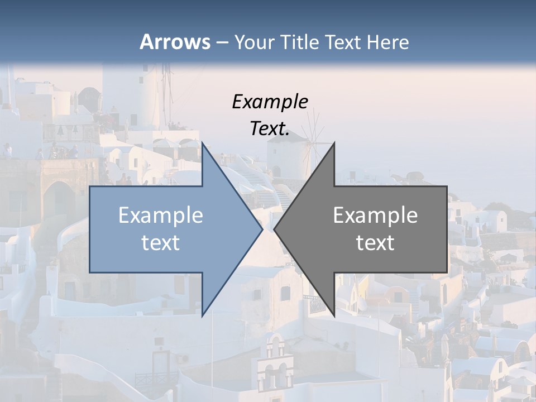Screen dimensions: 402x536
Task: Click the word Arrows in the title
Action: (175, 42)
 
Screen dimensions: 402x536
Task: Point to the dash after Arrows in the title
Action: (222, 43)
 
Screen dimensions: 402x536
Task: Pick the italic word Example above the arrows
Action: (270, 102)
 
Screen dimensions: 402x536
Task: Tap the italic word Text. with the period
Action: (270, 129)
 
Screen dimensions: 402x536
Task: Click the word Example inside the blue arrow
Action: (161, 216)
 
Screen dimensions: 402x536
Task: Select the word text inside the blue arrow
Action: (161, 243)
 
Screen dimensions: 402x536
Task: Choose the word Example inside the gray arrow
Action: (375, 216)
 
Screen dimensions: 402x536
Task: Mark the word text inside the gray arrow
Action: (375, 243)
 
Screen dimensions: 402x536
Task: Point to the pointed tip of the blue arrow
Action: (261, 229)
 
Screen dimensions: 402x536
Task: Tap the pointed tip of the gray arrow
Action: (275, 229)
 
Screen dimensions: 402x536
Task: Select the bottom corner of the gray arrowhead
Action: (334, 316)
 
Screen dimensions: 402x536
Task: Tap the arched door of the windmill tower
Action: (276, 170)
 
